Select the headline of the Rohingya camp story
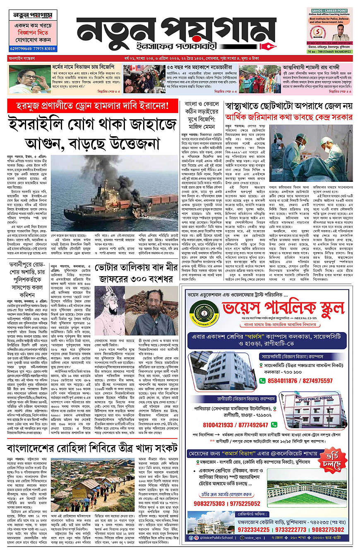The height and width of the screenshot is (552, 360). [x=86, y=448]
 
